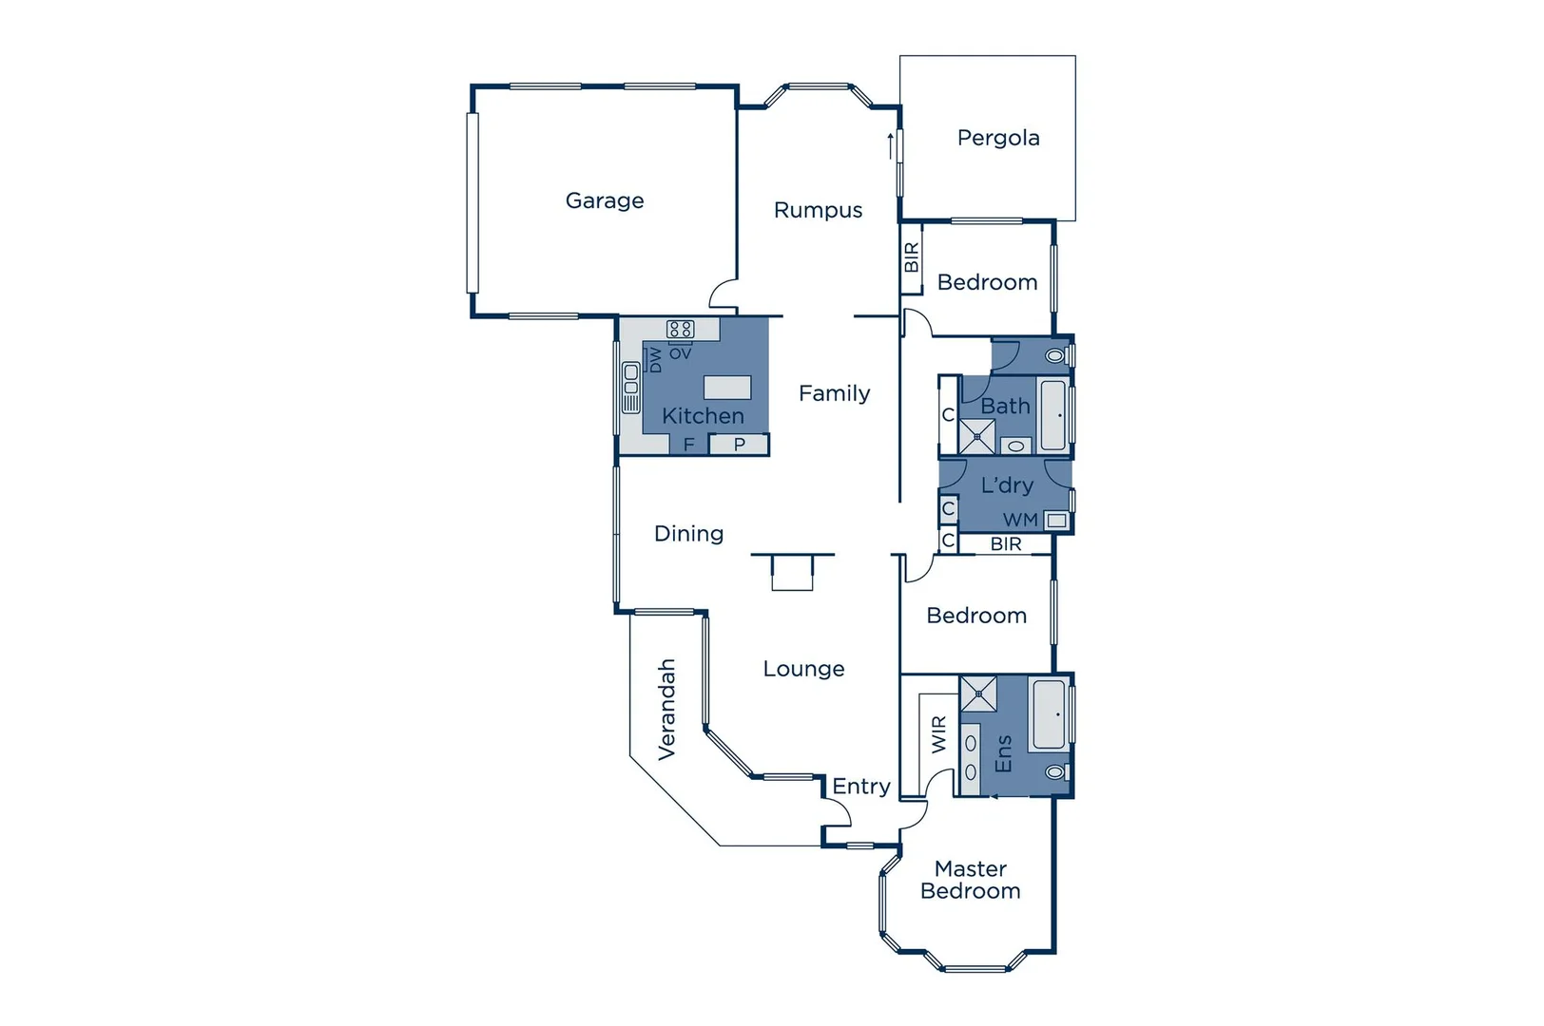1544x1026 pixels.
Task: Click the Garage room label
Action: pyautogui.click(x=605, y=200)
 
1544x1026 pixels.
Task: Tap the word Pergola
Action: pyautogui.click(x=998, y=138)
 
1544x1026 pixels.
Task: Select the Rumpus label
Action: pyautogui.click(x=818, y=210)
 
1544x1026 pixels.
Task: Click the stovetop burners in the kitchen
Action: pyautogui.click(x=681, y=330)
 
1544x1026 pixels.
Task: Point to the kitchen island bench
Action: pyautogui.click(x=727, y=387)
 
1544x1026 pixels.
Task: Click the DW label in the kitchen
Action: pyautogui.click(x=655, y=360)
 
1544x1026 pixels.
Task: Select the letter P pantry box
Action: pyautogui.click(x=740, y=444)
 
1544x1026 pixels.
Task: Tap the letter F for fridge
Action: pyautogui.click(x=689, y=444)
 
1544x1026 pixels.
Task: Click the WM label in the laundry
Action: pyautogui.click(x=1020, y=520)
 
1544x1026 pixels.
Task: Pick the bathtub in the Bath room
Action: pyautogui.click(x=1053, y=415)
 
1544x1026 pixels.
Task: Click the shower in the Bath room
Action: pyautogui.click(x=976, y=437)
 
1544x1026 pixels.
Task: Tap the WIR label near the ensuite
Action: pyautogui.click(x=939, y=734)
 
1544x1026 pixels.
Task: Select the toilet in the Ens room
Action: pyautogui.click(x=1054, y=772)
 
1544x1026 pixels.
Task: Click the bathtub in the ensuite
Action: pyautogui.click(x=1049, y=713)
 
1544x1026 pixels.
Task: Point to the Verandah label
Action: pyautogui.click(x=667, y=709)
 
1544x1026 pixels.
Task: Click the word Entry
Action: pyautogui.click(x=861, y=786)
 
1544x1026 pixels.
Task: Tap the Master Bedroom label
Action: pyautogui.click(x=971, y=880)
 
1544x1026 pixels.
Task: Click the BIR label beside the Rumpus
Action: pyautogui.click(x=912, y=257)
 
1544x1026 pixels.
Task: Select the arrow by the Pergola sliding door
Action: pyautogui.click(x=891, y=145)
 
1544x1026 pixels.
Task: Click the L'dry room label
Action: pyautogui.click(x=1007, y=485)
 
